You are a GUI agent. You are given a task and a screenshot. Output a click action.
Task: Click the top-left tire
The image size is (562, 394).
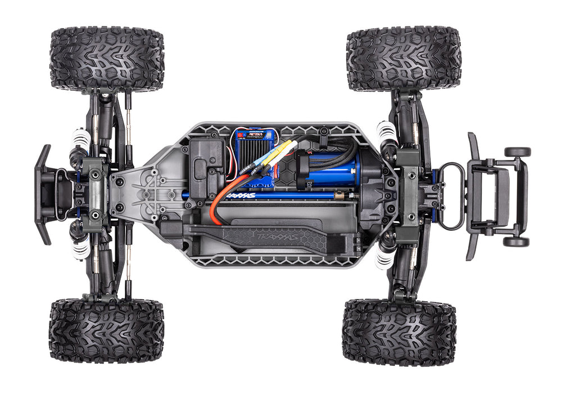click(x=107, y=59)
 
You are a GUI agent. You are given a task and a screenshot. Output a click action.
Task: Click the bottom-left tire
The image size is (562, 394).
click(x=106, y=330)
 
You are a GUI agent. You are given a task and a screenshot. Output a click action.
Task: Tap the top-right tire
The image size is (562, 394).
click(x=404, y=58)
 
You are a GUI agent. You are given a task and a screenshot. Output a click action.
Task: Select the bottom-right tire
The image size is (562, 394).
click(x=399, y=332)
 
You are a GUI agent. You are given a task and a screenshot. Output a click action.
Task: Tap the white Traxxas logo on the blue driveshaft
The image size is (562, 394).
click(x=241, y=196)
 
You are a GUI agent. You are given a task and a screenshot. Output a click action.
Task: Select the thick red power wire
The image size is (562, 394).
click(x=222, y=194)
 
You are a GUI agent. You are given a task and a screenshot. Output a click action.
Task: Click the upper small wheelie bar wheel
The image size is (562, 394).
click(x=517, y=152)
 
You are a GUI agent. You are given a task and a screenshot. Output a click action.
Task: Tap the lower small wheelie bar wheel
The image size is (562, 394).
click(x=516, y=241)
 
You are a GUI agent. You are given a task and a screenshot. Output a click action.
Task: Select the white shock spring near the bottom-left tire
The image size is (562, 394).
click(x=80, y=249)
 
